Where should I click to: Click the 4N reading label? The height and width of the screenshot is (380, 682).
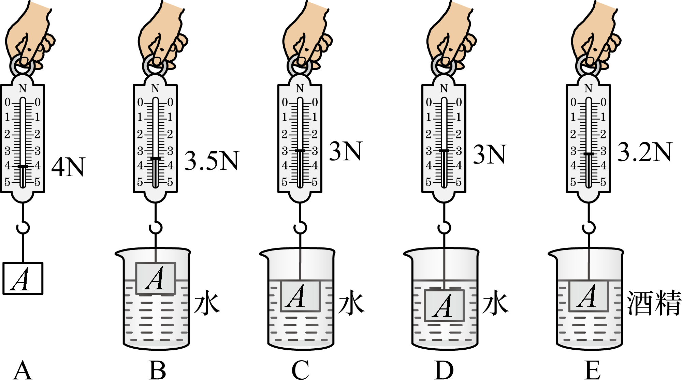coord(68,167)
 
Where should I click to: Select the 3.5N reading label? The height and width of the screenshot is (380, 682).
coord(212,161)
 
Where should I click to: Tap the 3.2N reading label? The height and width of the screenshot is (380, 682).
coord(645,152)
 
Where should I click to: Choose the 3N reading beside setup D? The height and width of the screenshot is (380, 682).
coord(490,154)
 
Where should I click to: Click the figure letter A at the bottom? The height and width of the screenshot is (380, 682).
coord(23,370)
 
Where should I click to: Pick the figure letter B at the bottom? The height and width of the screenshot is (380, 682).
coord(157,370)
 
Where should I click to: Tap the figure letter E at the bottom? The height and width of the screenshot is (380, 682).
coord(593,370)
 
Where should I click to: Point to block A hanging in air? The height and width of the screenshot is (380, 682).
coord(23,278)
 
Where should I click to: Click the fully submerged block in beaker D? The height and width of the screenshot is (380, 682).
coord(444,306)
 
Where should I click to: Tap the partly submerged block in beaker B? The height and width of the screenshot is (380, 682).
coord(156,278)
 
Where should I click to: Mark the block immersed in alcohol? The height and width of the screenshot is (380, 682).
coord(589,296)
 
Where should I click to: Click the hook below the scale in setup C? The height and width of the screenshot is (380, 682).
coord(300,227)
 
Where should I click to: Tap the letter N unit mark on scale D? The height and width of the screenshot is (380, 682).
coord(444,89)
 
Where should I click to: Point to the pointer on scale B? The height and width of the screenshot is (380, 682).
coord(156,159)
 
